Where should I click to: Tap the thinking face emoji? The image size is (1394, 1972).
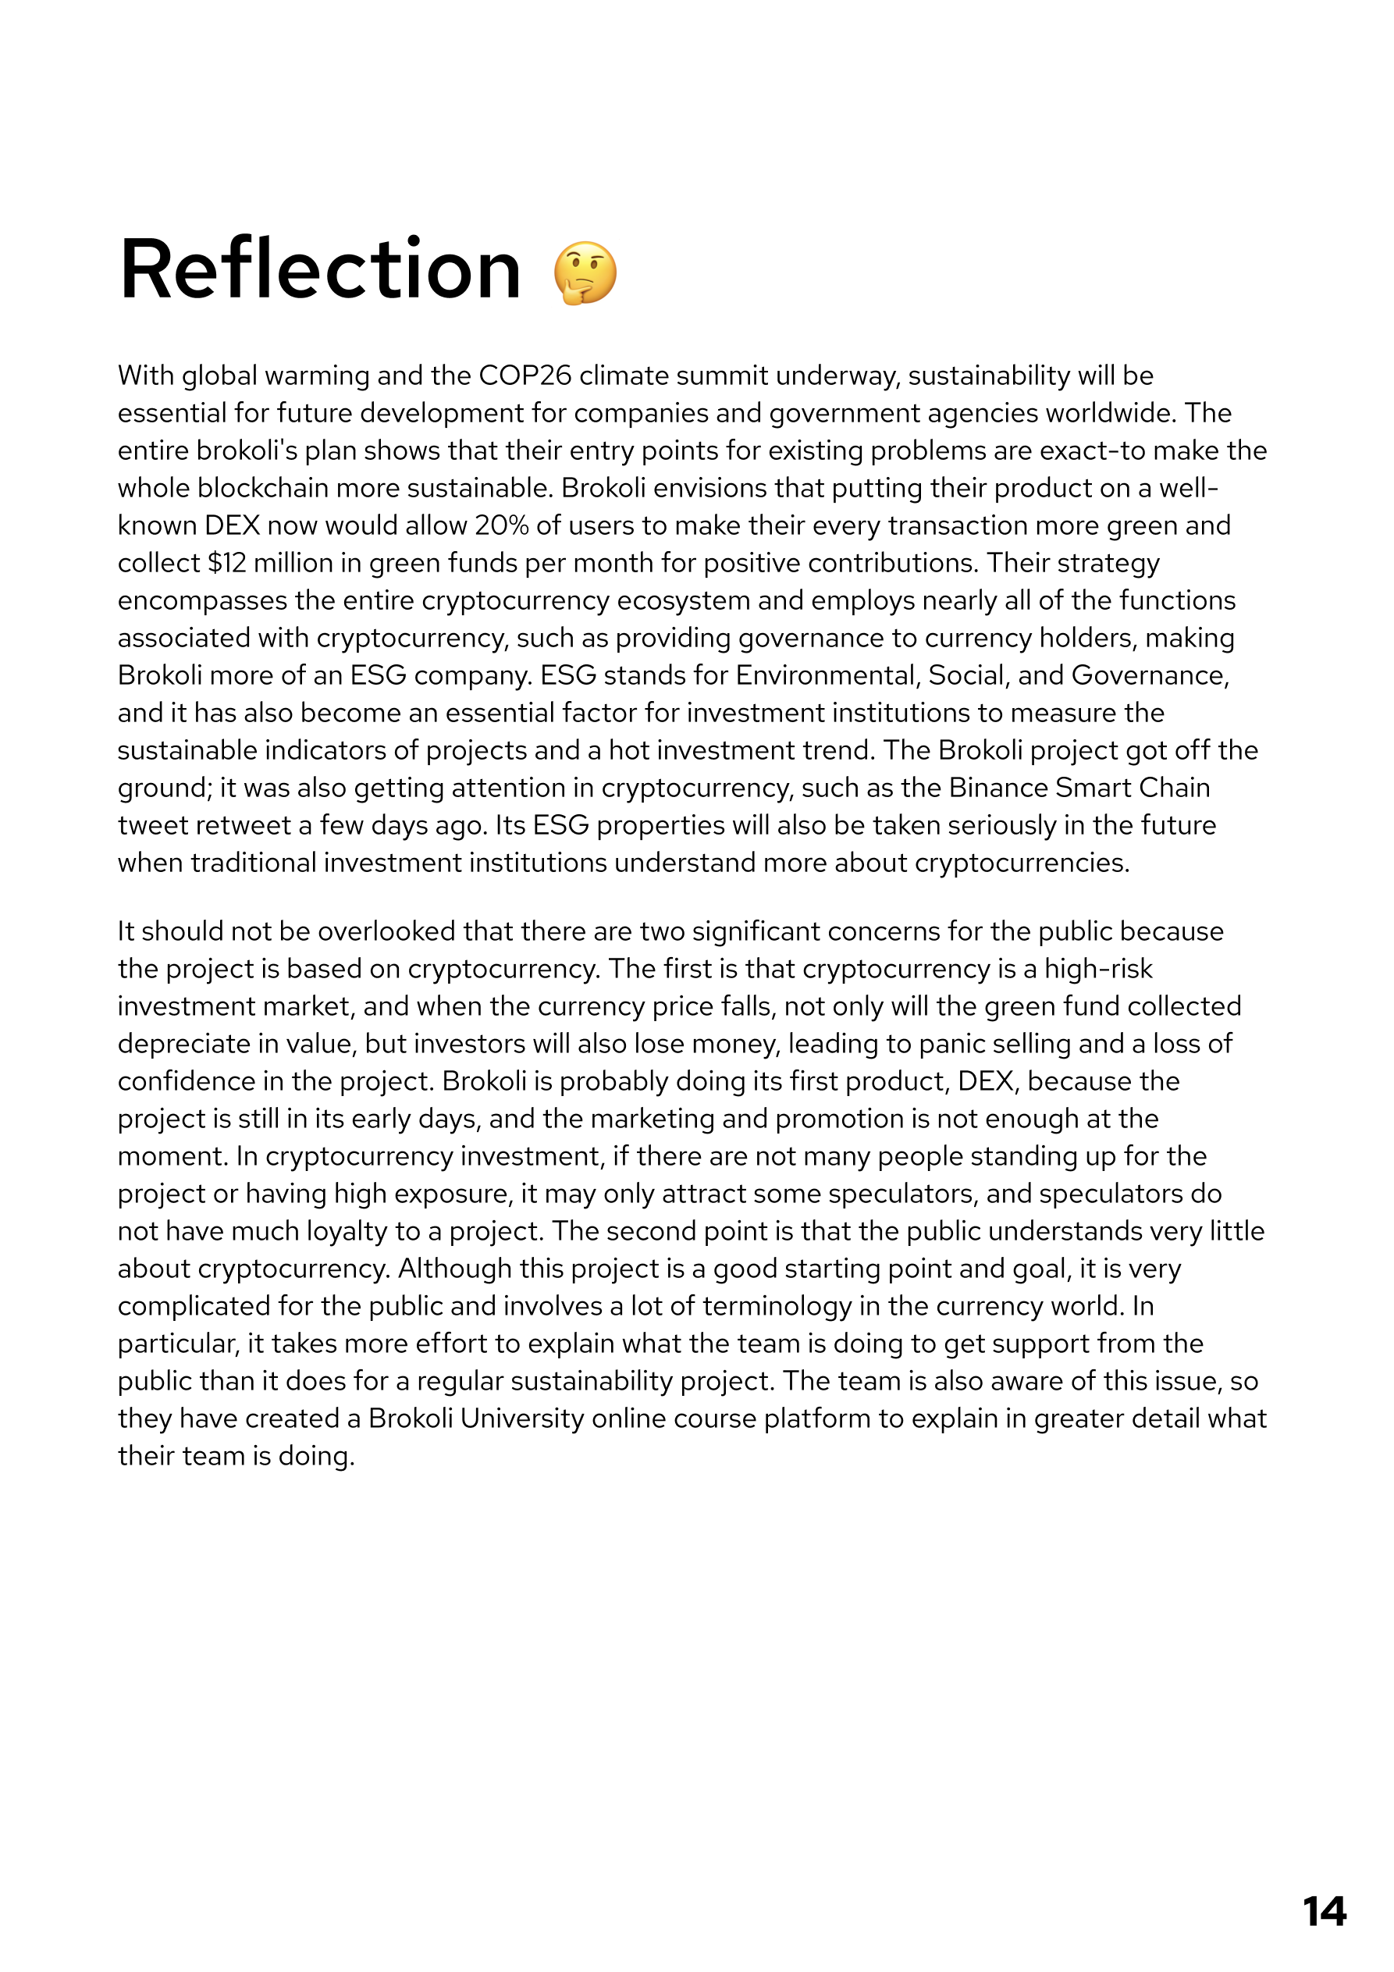(585, 273)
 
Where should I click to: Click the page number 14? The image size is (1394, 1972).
(1324, 1912)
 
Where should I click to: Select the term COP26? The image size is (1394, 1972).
(525, 376)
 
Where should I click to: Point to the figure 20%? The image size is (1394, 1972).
(502, 525)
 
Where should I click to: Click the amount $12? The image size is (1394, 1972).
(227, 563)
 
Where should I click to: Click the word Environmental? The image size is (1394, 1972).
(828, 675)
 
